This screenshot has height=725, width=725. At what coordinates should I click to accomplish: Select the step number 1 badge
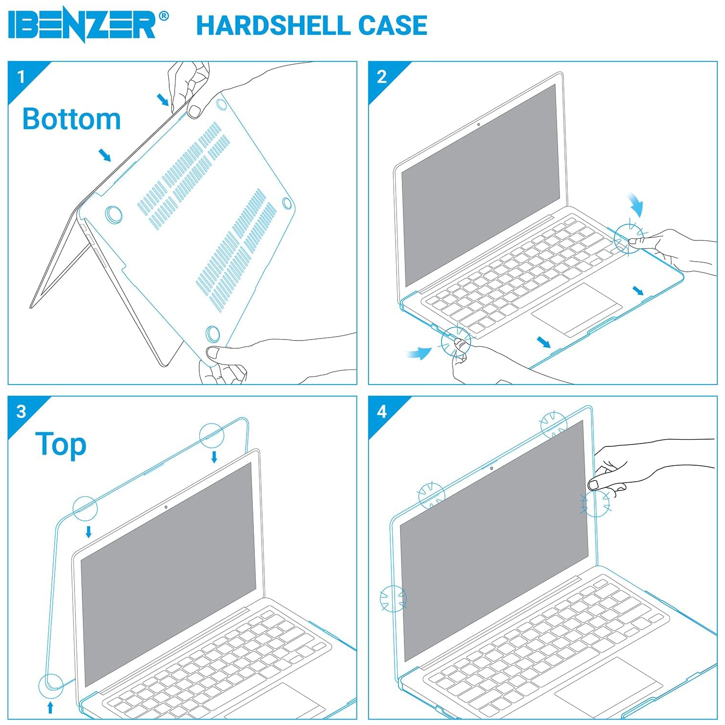(21, 76)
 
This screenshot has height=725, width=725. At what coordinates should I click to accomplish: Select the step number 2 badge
(382, 76)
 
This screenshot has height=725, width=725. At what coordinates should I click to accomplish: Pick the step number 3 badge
(21, 411)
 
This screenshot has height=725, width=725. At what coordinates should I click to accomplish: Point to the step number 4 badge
(382, 411)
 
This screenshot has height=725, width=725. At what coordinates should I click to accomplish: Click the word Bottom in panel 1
(72, 119)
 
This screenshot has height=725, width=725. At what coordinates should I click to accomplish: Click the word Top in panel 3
(61, 444)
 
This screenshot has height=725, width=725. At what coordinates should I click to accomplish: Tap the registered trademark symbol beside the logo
(163, 16)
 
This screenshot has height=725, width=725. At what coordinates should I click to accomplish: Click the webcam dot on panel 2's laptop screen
(478, 124)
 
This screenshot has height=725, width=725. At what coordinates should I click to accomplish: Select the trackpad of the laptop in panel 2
(576, 310)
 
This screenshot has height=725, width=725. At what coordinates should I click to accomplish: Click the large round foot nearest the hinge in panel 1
(114, 214)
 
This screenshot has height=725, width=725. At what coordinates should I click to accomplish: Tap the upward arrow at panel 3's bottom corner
(50, 708)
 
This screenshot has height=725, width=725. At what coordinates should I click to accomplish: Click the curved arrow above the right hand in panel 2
(636, 205)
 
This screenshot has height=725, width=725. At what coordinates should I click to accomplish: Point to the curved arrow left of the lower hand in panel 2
(418, 353)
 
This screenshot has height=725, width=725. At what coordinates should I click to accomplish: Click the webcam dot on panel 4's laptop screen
(491, 468)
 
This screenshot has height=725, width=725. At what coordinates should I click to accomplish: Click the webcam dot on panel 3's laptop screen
(166, 507)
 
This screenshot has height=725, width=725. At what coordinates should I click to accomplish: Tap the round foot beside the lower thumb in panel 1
(212, 333)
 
